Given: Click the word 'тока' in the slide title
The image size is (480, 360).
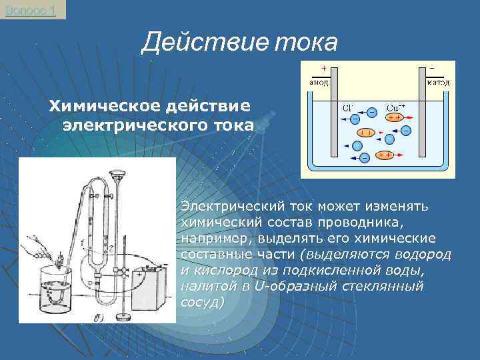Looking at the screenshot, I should point(306,43).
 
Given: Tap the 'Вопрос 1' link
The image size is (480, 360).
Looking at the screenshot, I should point(30,10).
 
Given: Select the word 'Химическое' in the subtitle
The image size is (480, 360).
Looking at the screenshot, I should point(97,106).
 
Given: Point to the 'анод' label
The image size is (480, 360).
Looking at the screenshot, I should point(317,83).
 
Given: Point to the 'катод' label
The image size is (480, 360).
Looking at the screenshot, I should point(438,83).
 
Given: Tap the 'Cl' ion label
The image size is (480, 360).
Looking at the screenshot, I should point(348,107).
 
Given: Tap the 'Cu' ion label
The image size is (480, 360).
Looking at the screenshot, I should point(395,107).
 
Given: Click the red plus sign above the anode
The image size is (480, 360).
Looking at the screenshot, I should point(323,69).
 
